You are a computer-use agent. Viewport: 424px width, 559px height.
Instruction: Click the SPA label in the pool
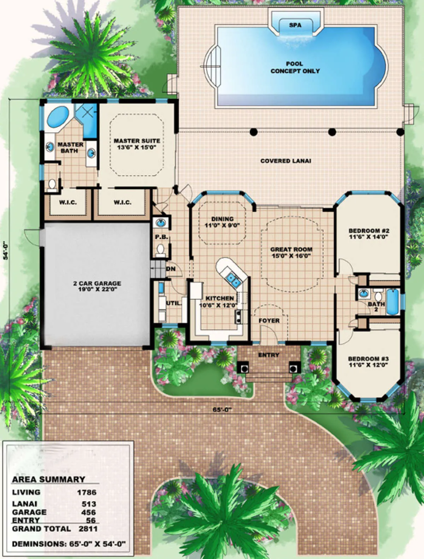[x=295, y=25]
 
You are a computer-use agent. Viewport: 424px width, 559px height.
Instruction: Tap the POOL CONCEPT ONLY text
[x=295, y=67]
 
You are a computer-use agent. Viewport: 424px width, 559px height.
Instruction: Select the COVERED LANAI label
[x=285, y=161]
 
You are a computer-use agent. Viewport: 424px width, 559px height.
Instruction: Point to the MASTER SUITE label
[x=137, y=144]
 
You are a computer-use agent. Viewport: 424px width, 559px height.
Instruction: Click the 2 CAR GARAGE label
[x=97, y=286]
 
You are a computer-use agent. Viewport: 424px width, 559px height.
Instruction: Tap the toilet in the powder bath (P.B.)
[x=160, y=250]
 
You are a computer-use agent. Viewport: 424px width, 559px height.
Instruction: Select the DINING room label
[x=223, y=222]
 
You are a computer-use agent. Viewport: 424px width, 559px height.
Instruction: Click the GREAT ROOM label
[x=291, y=253]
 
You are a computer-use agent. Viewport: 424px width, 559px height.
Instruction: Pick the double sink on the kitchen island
[x=233, y=279]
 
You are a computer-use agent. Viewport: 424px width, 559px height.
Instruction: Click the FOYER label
[x=269, y=321]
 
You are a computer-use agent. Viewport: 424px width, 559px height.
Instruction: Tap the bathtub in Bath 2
[x=393, y=302]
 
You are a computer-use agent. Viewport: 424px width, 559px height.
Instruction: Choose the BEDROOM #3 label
[x=368, y=362]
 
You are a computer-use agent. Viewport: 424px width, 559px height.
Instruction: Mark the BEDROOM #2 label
[x=369, y=234]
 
